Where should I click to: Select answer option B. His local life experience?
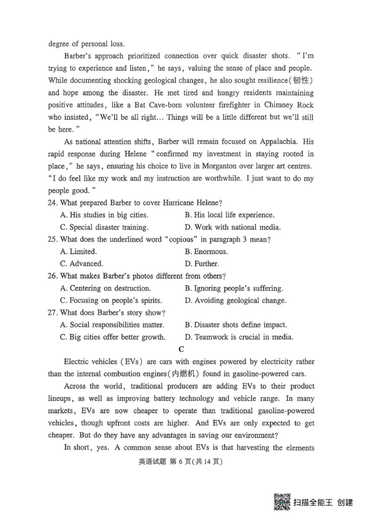[x=229, y=215]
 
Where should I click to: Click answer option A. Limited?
[x=78, y=252]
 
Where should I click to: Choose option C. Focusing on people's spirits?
[x=111, y=301]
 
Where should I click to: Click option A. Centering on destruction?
[x=105, y=288]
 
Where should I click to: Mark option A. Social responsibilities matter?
[x=112, y=325]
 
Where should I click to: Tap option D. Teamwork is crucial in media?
[x=239, y=338]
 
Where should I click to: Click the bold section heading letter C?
[x=181, y=349]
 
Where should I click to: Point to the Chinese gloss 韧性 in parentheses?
[x=302, y=80]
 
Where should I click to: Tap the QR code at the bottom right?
[x=282, y=501]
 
